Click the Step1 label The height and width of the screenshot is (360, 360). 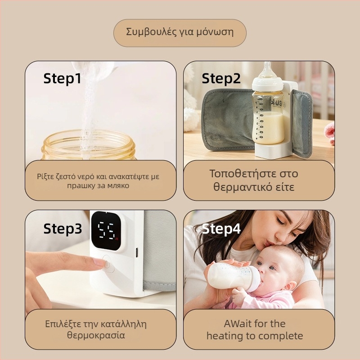tap(62, 79)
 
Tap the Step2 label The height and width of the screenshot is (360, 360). tap(221, 79)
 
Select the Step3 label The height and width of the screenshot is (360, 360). tap(63, 229)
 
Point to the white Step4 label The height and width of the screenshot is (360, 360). tap(221, 229)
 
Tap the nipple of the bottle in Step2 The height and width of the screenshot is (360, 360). tap(267, 70)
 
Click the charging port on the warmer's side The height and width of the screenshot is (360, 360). tap(137, 252)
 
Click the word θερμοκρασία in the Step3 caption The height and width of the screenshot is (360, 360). tap(96, 335)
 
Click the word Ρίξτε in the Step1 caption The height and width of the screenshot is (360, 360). tap(45, 176)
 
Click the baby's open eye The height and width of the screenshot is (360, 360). tap(271, 268)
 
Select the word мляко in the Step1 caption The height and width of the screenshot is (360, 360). tap(118, 185)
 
